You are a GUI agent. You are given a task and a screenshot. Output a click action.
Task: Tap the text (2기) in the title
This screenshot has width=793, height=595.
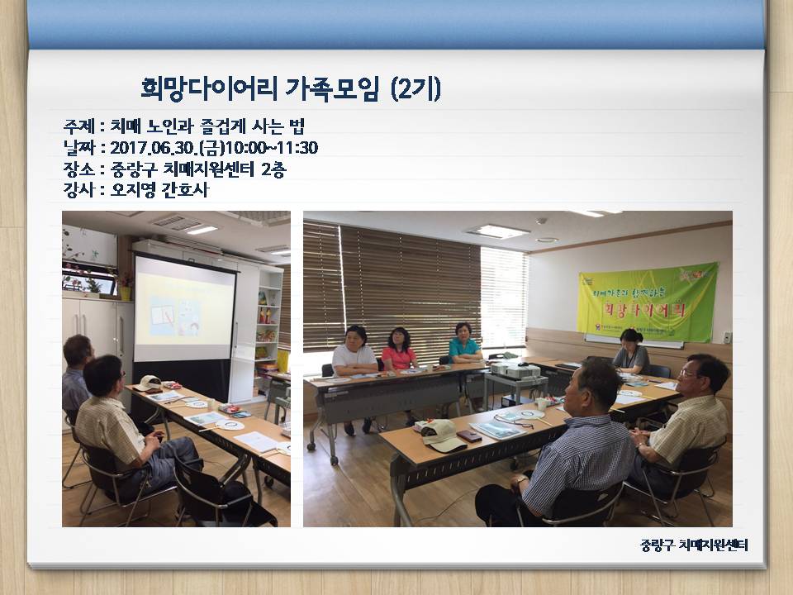point(414,88)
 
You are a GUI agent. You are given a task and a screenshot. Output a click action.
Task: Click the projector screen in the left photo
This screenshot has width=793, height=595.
point(184,307)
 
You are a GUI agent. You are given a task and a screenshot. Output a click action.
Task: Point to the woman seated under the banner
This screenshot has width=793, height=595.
point(631,353)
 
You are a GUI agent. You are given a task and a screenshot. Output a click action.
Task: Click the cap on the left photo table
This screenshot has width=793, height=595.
point(149,383)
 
